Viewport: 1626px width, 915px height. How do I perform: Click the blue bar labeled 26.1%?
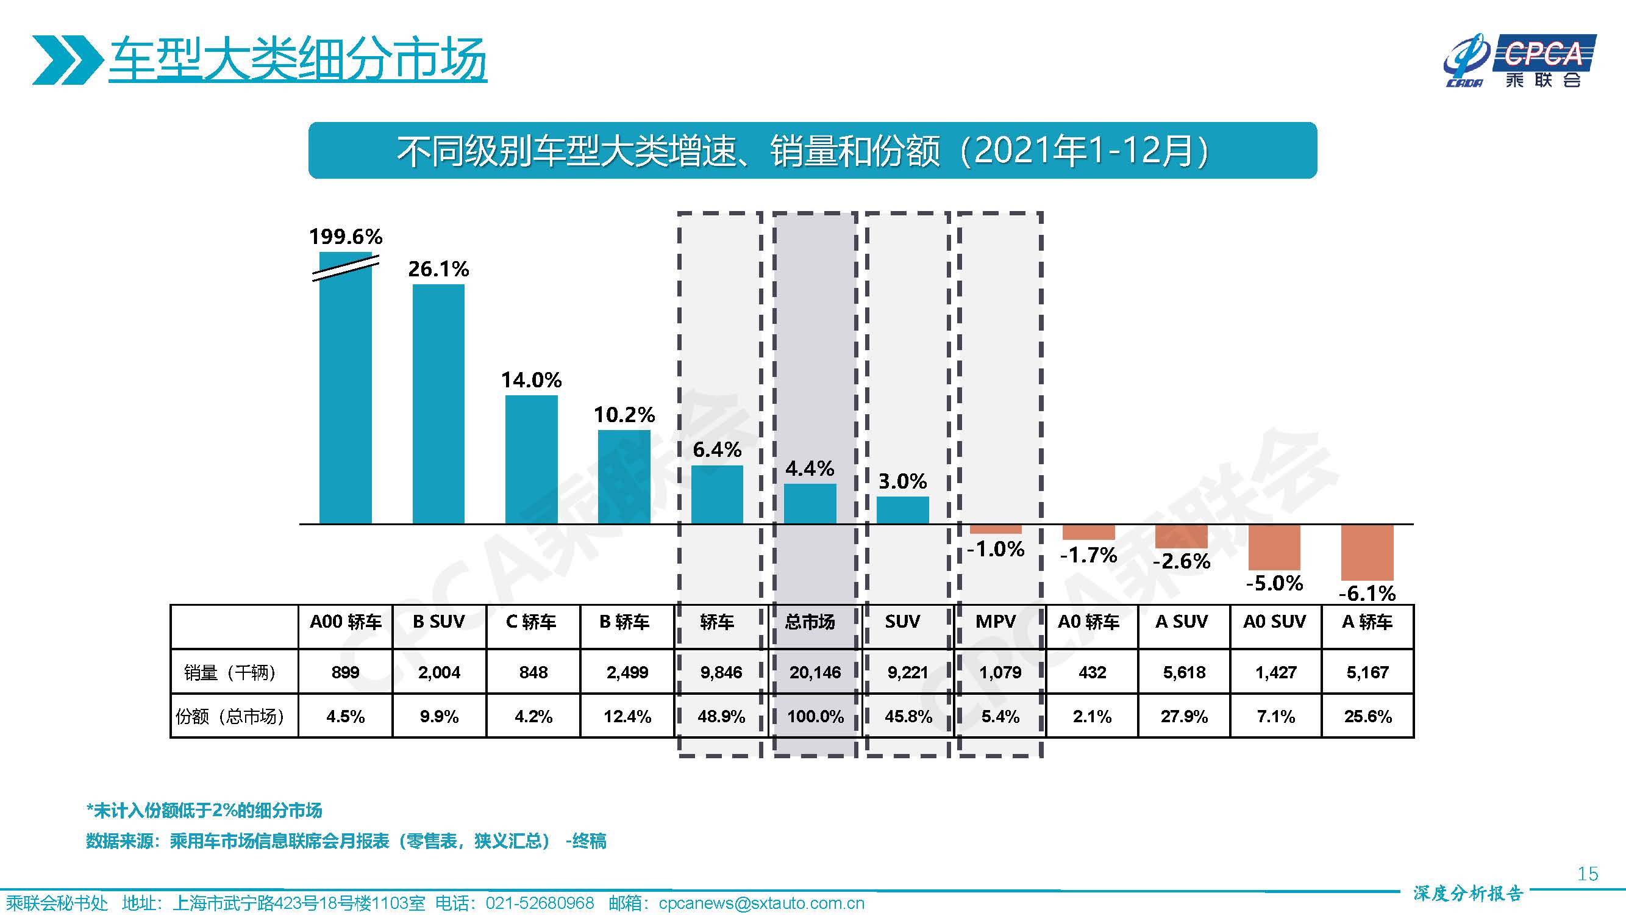point(438,404)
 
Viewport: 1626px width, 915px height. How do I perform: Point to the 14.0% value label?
point(531,380)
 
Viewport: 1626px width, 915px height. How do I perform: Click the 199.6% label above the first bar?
point(345,237)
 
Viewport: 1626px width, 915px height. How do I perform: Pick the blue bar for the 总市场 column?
point(810,503)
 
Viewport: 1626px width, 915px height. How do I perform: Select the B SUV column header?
point(439,622)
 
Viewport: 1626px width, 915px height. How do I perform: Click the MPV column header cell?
point(996,622)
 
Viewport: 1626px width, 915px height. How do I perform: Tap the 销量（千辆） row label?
point(230,672)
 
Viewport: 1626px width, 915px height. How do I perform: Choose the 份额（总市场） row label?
point(230,716)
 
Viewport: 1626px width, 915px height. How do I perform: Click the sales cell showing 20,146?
point(815,672)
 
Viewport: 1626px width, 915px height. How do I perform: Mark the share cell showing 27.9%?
point(1183,716)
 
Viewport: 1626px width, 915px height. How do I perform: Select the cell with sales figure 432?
point(1092,672)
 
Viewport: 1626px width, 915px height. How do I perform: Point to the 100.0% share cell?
point(815,716)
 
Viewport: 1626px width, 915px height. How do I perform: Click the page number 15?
point(1588,874)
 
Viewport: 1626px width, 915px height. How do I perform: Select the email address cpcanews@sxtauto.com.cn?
point(761,903)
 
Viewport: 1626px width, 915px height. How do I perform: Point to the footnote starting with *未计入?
point(204,810)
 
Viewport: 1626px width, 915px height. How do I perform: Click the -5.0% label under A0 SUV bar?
point(1274,583)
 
